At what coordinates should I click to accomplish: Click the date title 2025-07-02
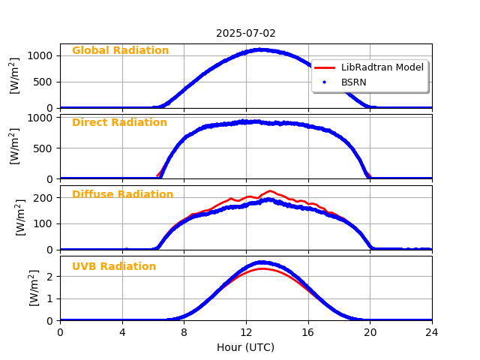click(x=246, y=33)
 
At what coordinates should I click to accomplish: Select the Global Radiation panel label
click(x=120, y=51)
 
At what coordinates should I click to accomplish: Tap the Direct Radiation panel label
click(x=119, y=123)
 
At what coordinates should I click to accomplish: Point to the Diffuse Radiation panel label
click(x=122, y=195)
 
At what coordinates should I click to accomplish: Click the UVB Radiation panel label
click(x=114, y=267)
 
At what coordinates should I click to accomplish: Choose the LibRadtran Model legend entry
click(x=382, y=67)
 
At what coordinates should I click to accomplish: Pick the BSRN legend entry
click(x=353, y=81)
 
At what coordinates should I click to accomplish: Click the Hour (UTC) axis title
click(x=245, y=347)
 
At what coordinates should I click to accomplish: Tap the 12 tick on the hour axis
click(x=246, y=332)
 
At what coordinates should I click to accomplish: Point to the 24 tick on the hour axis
click(x=432, y=332)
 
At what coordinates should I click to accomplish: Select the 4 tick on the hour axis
click(x=122, y=332)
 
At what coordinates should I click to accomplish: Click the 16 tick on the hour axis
click(x=308, y=332)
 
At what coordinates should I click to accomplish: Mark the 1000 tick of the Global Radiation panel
click(x=43, y=55)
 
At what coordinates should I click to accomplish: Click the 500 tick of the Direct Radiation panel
click(x=46, y=148)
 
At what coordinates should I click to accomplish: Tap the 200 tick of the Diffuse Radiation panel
click(x=46, y=198)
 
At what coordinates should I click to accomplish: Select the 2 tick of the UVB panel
click(x=52, y=276)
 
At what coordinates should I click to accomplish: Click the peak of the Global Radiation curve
click(x=259, y=49)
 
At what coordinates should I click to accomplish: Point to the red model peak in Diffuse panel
click(x=270, y=191)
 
